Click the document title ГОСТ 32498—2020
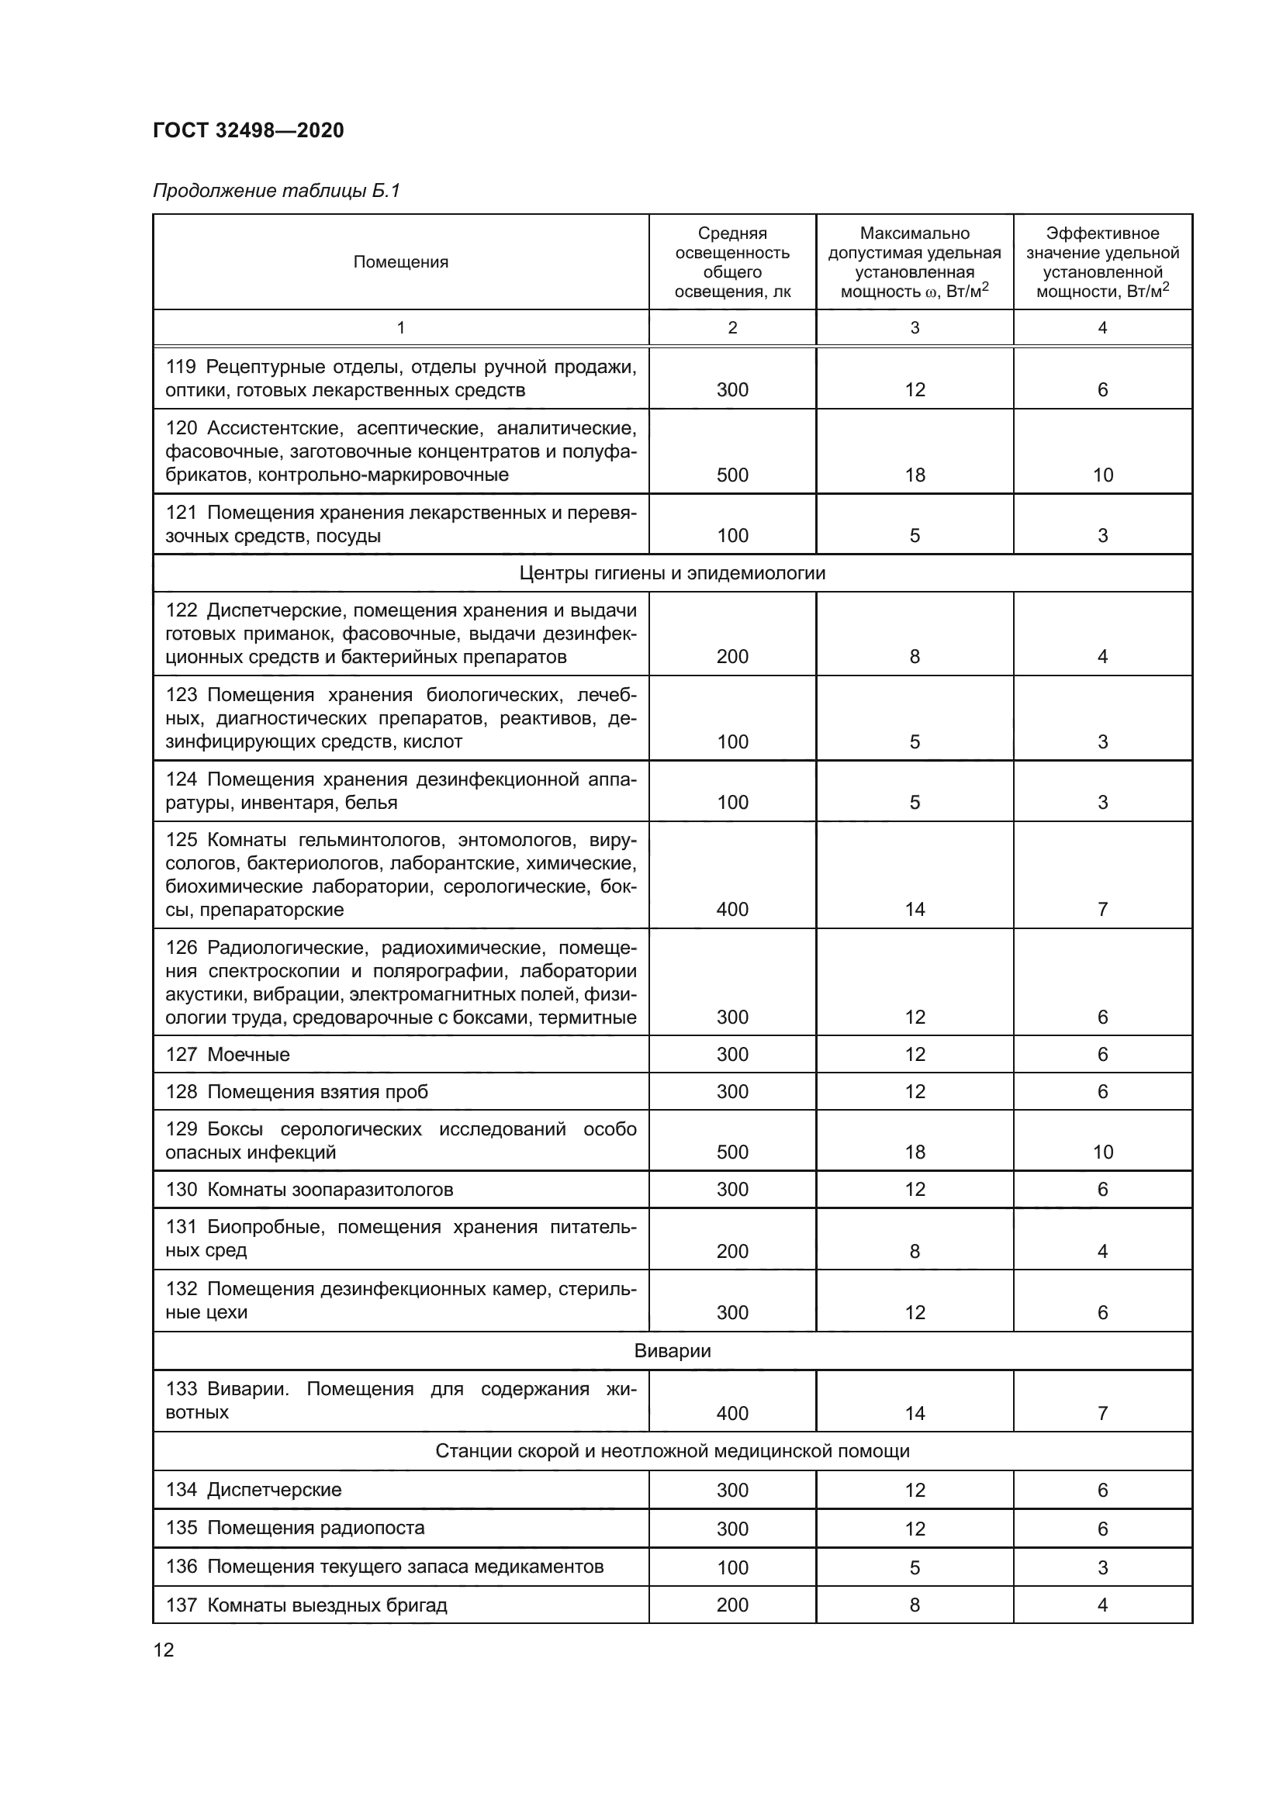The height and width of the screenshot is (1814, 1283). (x=248, y=130)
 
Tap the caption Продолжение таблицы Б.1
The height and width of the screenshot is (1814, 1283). (x=275, y=191)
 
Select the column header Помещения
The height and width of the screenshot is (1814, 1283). (x=400, y=262)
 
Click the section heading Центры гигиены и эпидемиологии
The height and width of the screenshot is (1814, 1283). (x=673, y=573)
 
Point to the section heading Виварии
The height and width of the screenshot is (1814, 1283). (x=673, y=1350)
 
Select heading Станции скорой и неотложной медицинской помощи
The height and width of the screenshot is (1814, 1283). (x=673, y=1450)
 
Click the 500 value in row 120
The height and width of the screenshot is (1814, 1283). (x=731, y=475)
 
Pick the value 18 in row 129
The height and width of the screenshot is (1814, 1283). (x=914, y=1152)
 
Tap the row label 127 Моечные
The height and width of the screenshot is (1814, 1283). (x=227, y=1054)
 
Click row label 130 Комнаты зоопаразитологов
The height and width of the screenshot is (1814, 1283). (x=309, y=1189)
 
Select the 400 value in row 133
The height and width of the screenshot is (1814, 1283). (x=731, y=1412)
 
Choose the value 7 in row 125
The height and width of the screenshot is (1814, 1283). (x=1102, y=910)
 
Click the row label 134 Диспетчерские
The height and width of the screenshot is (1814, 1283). (x=253, y=1489)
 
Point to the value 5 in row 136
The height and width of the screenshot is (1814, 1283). (x=914, y=1567)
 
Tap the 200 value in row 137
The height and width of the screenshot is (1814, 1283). (x=731, y=1605)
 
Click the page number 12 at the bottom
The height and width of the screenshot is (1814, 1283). (x=164, y=1650)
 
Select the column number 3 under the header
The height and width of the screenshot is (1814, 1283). (x=914, y=328)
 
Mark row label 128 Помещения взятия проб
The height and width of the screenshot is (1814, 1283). (x=296, y=1091)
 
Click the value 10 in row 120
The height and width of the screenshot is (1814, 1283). (x=1102, y=475)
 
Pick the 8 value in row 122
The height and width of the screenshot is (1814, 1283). (x=914, y=657)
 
